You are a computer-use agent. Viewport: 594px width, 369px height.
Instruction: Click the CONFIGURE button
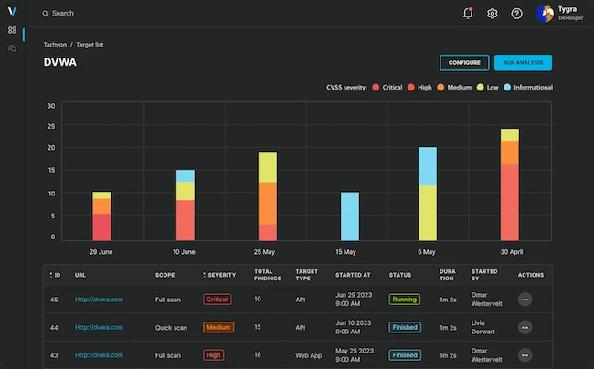464,63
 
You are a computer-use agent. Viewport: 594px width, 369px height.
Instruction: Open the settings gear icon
493,14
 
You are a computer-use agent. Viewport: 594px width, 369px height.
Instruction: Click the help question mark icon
516,14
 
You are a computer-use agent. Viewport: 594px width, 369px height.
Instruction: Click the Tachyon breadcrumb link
55,44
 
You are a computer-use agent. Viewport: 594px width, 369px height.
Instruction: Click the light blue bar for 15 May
350,216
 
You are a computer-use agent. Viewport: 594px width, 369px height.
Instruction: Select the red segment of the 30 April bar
509,202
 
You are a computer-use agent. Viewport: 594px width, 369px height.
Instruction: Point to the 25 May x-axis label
267,251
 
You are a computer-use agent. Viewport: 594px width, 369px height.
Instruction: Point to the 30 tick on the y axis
51,105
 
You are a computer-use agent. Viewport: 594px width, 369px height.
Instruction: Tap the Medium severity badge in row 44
218,327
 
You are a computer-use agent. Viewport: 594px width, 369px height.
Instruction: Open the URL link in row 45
99,299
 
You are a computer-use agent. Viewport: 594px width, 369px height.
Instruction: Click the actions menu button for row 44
525,327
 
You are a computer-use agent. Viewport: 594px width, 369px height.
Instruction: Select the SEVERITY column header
222,275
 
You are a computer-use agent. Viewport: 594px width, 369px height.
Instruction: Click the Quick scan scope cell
172,327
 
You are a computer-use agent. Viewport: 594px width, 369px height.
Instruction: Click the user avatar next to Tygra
546,14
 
